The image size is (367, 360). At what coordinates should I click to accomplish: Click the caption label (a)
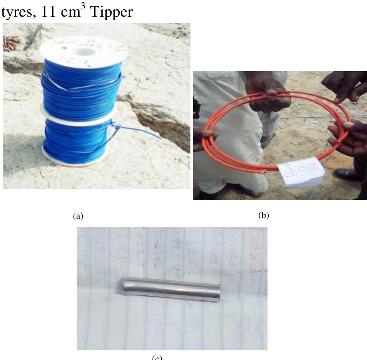(78, 216)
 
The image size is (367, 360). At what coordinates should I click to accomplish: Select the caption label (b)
(263, 215)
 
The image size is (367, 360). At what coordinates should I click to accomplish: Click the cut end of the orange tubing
(265, 170)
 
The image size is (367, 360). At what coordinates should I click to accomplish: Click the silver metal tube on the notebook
(171, 290)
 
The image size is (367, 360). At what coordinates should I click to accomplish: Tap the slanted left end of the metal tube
(125, 287)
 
